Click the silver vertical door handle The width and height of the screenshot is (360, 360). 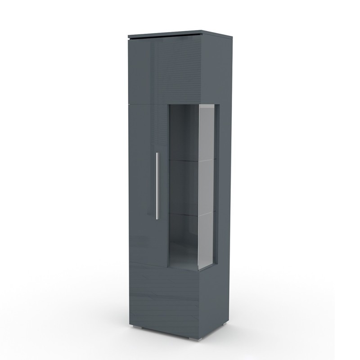coord(157,185)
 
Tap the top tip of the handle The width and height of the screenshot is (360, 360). coord(157,153)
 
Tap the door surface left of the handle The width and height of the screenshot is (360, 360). coord(142,184)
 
